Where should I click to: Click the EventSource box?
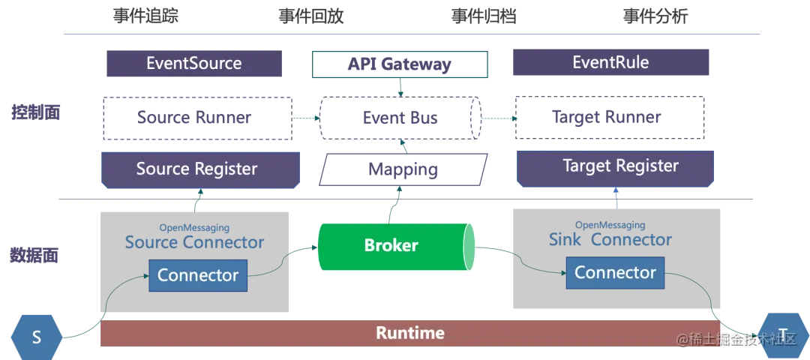coord(193,63)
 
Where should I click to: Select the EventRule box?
coord(610,62)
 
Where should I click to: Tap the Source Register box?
coord(197,169)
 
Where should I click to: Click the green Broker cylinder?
coord(391,245)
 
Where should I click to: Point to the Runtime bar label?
coord(410,332)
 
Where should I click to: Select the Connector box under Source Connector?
coord(198,275)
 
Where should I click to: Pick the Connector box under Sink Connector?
coord(615,272)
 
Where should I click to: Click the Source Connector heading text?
coord(194,242)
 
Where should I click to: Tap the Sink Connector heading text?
coord(610,240)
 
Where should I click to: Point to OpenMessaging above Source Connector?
coord(194,227)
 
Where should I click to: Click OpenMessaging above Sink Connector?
coord(610,225)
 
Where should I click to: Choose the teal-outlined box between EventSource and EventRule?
coord(401,64)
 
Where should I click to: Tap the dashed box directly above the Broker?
coord(401,169)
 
